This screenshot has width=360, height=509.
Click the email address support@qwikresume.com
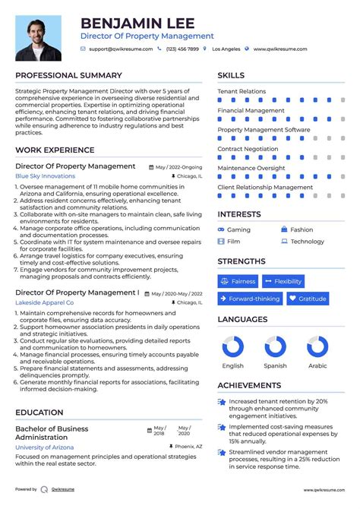click(x=121, y=49)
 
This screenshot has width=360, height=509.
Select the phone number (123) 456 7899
click(x=182, y=49)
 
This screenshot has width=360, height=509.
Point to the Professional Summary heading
click(x=68, y=75)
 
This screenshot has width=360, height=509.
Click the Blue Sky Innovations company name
click(x=46, y=176)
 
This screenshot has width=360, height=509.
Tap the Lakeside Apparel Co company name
click(x=45, y=302)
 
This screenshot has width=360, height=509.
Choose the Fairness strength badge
click(x=238, y=281)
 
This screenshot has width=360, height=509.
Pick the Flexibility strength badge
click(x=283, y=281)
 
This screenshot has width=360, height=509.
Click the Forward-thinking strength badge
click(x=249, y=299)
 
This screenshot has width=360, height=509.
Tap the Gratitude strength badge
click(x=308, y=299)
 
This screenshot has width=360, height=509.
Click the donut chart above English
click(x=233, y=347)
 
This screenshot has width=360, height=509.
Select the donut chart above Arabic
click(x=317, y=347)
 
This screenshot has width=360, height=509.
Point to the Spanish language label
click(x=275, y=365)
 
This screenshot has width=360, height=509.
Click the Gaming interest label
click(x=238, y=229)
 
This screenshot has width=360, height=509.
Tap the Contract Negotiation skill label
click(x=248, y=149)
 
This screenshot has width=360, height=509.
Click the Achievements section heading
click(x=249, y=385)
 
